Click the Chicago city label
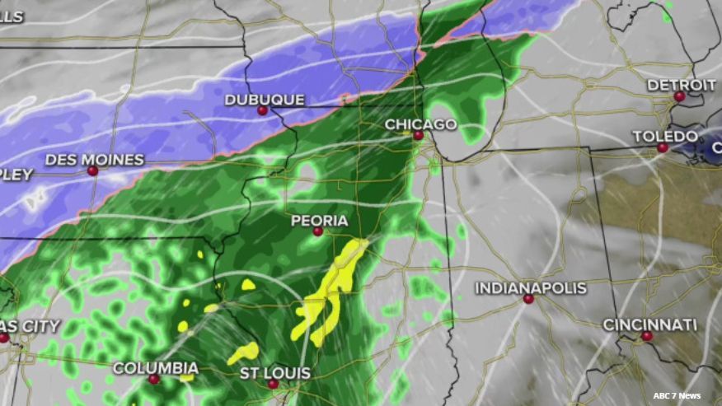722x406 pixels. (x=420, y=124)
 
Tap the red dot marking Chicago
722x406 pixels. (x=419, y=136)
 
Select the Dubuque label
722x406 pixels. (x=265, y=100)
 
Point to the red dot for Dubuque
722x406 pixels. (x=262, y=110)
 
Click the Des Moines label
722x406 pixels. (x=95, y=159)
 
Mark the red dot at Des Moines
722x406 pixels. (x=93, y=171)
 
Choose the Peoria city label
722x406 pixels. (x=319, y=221)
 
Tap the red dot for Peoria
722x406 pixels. (x=317, y=232)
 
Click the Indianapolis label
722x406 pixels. (x=531, y=287)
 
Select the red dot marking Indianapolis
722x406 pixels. (x=528, y=300)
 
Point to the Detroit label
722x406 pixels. (x=681, y=85)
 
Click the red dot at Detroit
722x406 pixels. (x=679, y=96)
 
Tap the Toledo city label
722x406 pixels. (x=664, y=136)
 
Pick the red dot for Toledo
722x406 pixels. (x=663, y=148)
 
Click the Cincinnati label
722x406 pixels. (x=649, y=324)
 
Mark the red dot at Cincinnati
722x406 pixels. (x=647, y=336)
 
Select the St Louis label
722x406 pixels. (x=275, y=373)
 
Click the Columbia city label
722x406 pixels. (x=155, y=367)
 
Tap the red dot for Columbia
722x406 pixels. (x=153, y=380)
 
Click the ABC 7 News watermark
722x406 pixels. (x=677, y=396)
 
